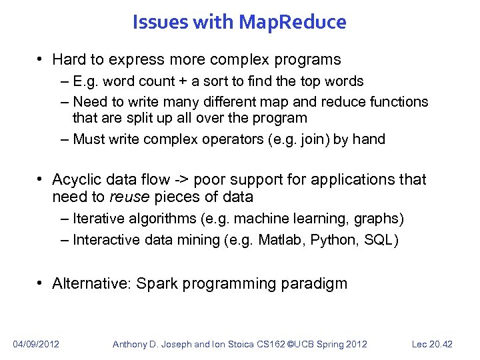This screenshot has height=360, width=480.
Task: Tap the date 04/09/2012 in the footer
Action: coord(36,344)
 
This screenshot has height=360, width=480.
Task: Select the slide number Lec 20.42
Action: coord(431,344)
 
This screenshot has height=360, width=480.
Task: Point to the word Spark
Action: coord(157,283)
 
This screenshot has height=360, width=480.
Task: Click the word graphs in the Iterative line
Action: coord(377,218)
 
